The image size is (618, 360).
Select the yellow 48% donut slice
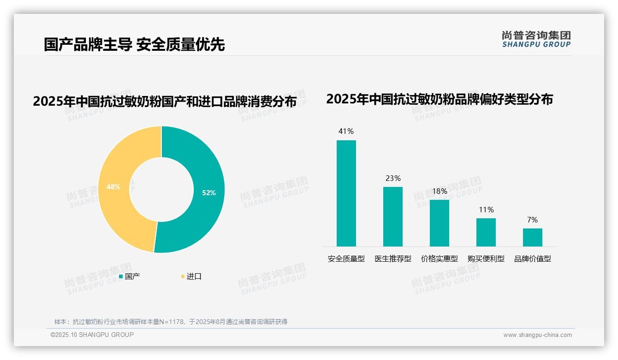pos(113,187)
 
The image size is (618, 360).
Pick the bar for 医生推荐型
pos(393,216)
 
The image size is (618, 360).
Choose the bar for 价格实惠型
pos(440,223)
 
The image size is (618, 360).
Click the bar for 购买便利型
pos(486,232)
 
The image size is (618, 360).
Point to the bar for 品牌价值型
pos(533,237)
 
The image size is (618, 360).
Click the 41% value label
pos(346,132)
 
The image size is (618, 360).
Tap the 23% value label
pos(393,178)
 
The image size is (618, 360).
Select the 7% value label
pos(533,220)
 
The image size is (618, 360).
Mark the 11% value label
pos(486,210)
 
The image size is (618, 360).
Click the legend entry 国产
pos(132,276)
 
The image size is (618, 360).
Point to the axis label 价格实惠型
pos(440,259)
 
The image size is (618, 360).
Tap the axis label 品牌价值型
pos(533,259)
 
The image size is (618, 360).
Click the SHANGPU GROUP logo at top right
pos(536,39)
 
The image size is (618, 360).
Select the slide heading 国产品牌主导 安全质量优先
pos(134,45)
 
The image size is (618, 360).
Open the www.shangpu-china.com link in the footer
pos(537,335)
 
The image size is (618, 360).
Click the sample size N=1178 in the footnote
pos(171,322)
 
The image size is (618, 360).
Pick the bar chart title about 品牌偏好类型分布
pos(439,99)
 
